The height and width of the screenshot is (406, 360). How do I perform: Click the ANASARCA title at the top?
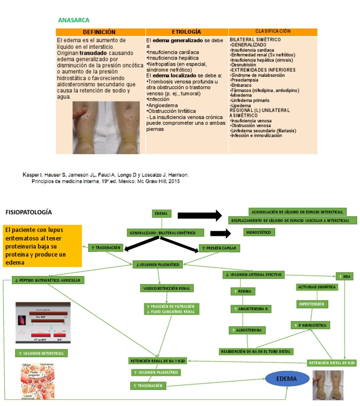(74, 20)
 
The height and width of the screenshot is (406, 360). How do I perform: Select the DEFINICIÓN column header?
(100, 32)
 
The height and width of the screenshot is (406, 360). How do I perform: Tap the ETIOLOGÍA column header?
(186, 32)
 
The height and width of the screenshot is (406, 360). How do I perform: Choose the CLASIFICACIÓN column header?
(273, 31)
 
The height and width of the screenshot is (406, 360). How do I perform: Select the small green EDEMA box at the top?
(161, 214)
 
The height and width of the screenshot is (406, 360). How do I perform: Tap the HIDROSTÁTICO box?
(259, 233)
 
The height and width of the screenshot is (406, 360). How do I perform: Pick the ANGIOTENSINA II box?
(251, 309)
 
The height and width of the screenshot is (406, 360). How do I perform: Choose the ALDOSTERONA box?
(247, 331)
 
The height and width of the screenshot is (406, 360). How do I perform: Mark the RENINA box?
(243, 292)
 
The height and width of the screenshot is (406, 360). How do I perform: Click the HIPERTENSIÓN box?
(312, 304)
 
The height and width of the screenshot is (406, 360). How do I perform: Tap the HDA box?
(345, 277)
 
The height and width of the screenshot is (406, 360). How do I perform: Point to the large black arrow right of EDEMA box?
(200, 215)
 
